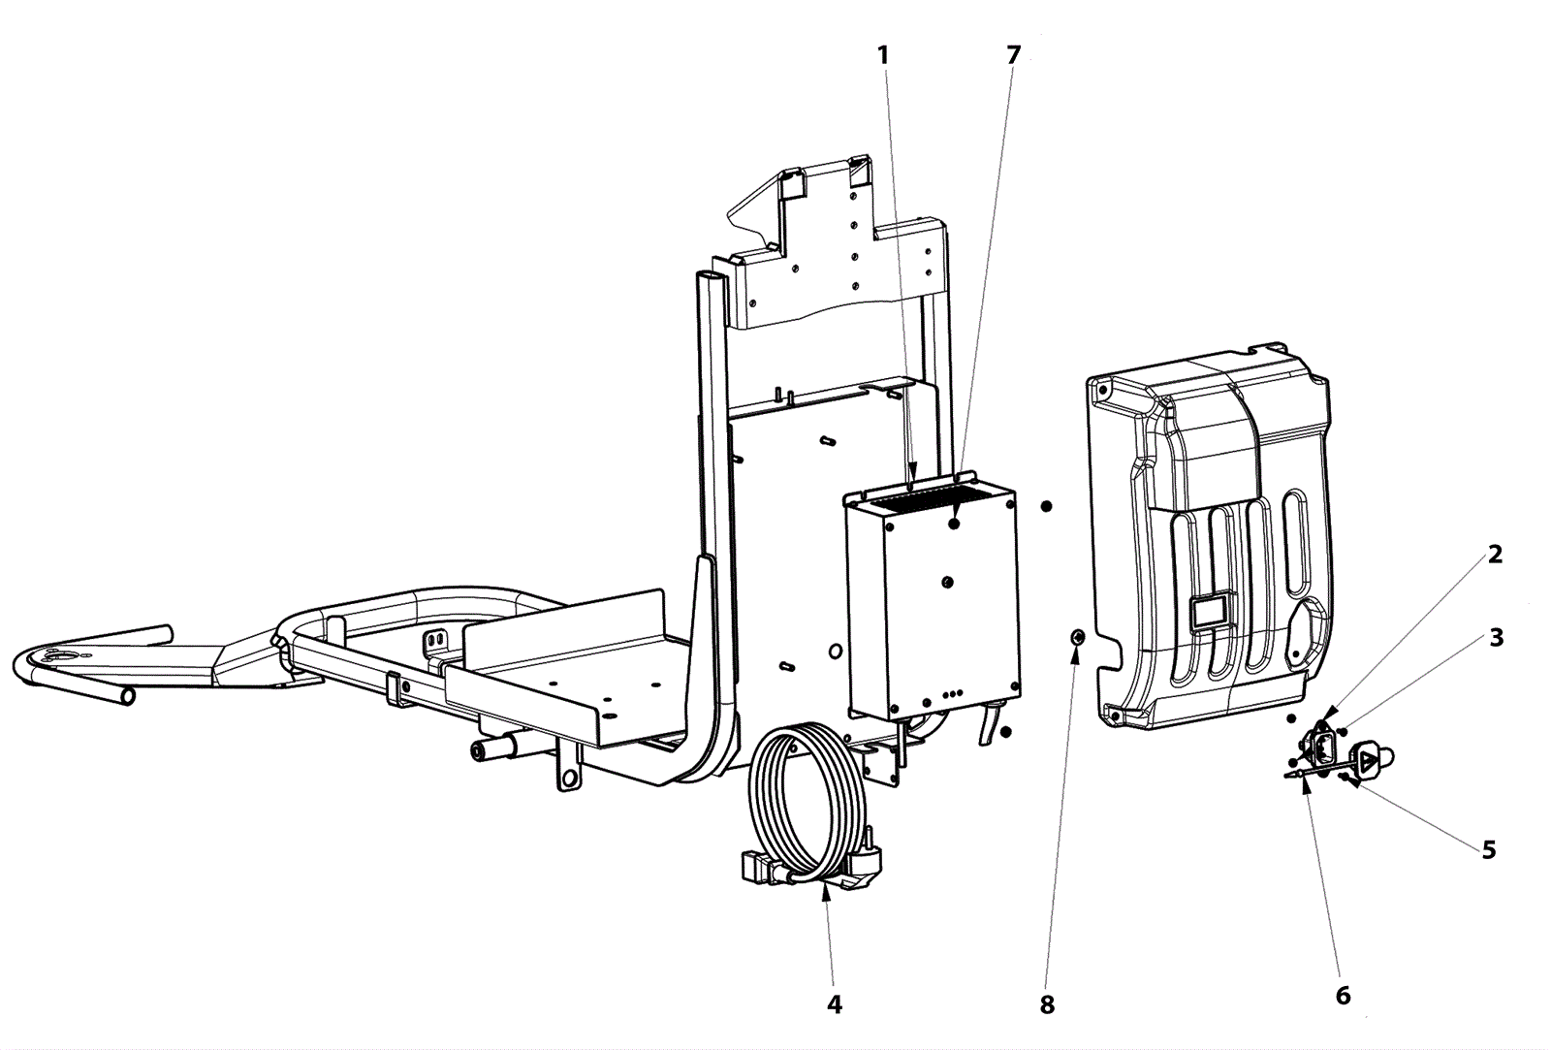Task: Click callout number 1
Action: coord(883,54)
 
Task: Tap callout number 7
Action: coord(1013,54)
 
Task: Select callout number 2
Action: coord(1495,555)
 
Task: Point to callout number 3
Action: coord(1497,637)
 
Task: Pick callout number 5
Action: coord(1489,850)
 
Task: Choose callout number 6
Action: coord(1343,996)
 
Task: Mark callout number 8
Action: coord(1047,1005)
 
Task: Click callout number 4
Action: coord(835,1003)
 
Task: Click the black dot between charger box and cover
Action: coord(1046,506)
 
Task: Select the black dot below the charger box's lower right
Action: coord(1005,731)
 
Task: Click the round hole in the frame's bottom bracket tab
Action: coord(568,779)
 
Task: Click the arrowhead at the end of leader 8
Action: coord(1075,653)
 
